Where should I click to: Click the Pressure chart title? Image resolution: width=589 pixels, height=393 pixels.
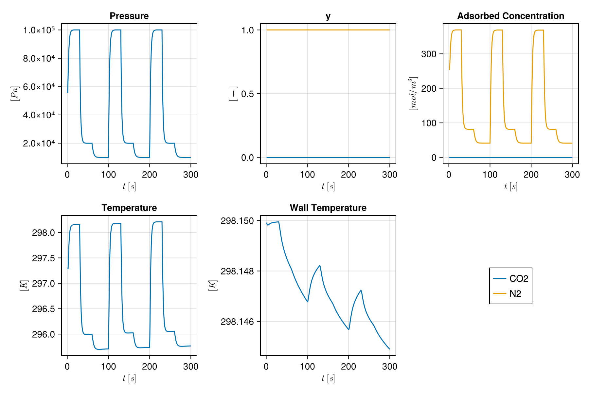129,16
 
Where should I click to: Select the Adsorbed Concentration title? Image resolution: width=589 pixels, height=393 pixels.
510,16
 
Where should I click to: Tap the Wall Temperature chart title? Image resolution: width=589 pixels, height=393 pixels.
328,208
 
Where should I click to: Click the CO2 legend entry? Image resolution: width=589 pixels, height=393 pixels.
519,278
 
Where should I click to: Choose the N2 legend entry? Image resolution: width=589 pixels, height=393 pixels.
515,293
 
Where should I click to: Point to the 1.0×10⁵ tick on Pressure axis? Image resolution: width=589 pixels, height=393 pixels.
41,30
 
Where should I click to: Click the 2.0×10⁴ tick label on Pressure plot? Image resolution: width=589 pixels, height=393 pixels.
41,143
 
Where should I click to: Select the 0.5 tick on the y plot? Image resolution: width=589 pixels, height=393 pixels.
247,94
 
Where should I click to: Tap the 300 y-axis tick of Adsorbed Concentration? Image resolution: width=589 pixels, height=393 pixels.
429,54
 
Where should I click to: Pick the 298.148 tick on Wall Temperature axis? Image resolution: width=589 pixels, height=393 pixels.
238,271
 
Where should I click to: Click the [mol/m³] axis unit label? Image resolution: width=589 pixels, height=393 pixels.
413,94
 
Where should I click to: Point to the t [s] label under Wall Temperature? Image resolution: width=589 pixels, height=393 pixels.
328,379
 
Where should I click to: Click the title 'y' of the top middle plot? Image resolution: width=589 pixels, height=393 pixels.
328,16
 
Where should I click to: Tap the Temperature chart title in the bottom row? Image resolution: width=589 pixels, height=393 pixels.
129,208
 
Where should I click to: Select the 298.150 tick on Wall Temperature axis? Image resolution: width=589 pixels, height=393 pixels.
238,221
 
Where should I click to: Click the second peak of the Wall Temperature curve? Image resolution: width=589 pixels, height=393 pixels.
320,265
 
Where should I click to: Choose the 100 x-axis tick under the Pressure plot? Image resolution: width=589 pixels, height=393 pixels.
108,175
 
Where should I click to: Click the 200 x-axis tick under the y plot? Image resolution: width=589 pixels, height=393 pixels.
348,175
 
